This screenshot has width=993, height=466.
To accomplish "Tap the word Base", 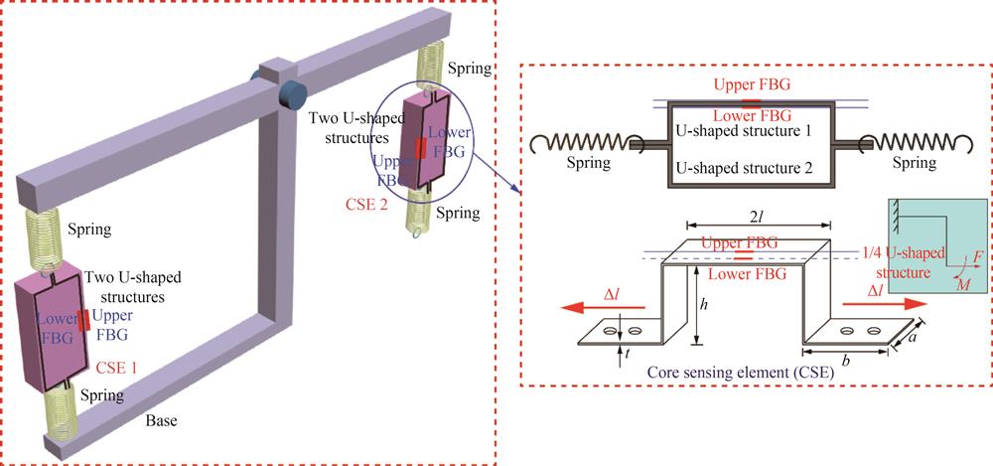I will tap(161, 420).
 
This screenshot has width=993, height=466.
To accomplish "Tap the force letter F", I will tap(979, 257).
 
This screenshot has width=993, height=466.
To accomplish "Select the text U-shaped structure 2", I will tap(745, 170).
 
